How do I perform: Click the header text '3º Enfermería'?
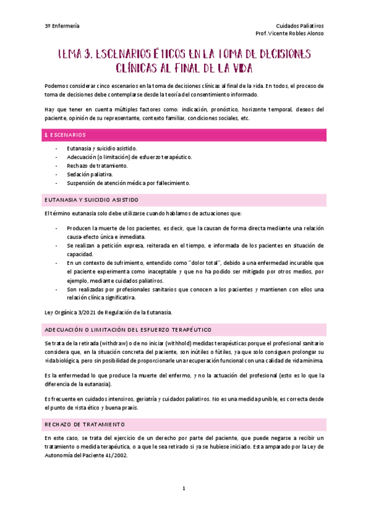[62, 26]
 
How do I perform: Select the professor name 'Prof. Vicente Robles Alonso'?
[288, 34]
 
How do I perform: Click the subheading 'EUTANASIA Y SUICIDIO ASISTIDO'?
[92, 200]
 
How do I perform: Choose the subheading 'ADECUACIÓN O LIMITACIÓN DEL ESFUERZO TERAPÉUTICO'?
[128, 329]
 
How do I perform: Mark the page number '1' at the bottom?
[184, 489]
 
